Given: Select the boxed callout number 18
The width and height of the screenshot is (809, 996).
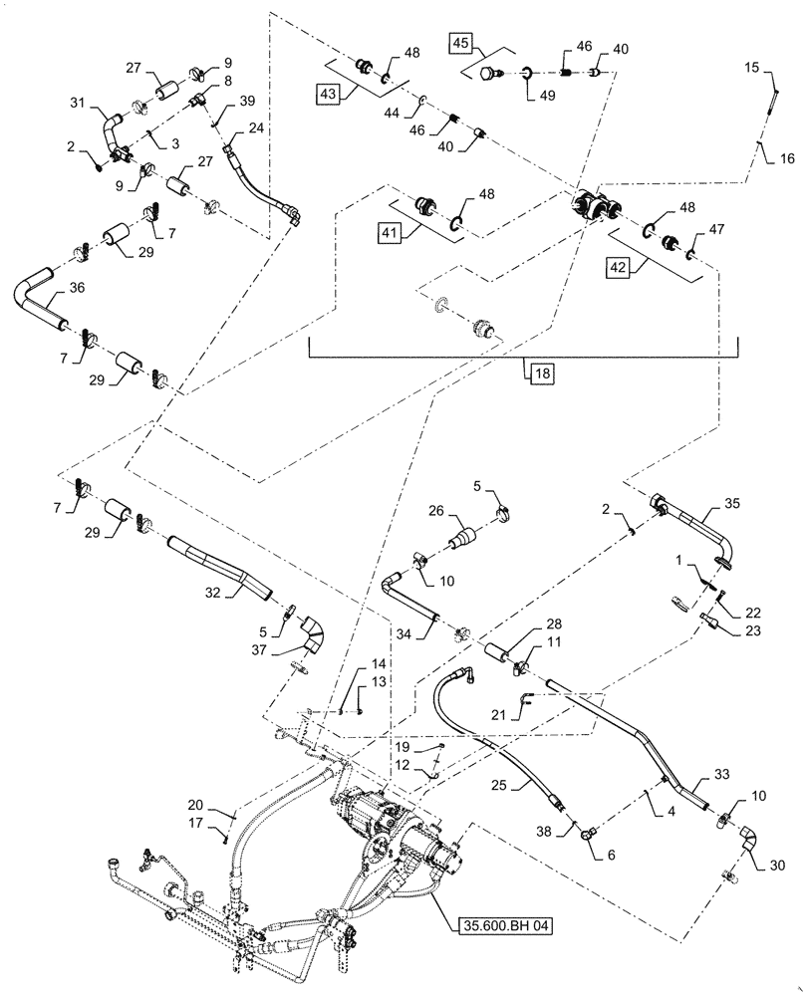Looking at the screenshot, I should click(539, 373).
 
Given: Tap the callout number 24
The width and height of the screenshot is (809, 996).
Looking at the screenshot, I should click(256, 128).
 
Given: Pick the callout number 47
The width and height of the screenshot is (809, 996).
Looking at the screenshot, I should click(715, 229).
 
